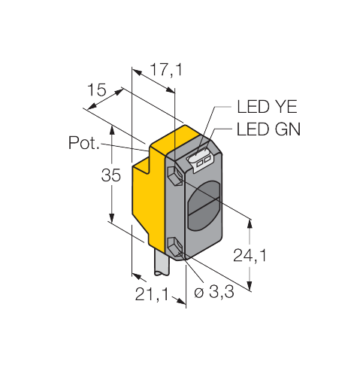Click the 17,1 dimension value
tap(166, 69)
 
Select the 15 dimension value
tap(97, 90)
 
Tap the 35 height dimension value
tap(110, 175)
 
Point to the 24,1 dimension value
tap(250, 256)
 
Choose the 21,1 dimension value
tap(152, 294)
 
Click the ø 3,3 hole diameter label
tap(214, 292)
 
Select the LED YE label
tap(267, 107)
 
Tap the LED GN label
tap(268, 129)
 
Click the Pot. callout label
tap(83, 143)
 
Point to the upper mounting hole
tap(175, 176)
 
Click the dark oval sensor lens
tap(204, 206)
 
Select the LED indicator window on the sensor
tap(200, 160)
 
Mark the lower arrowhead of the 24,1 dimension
tap(250, 286)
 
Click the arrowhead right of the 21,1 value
tap(181, 301)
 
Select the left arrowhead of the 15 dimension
tap(92, 106)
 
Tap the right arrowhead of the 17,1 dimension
tap(171, 90)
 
